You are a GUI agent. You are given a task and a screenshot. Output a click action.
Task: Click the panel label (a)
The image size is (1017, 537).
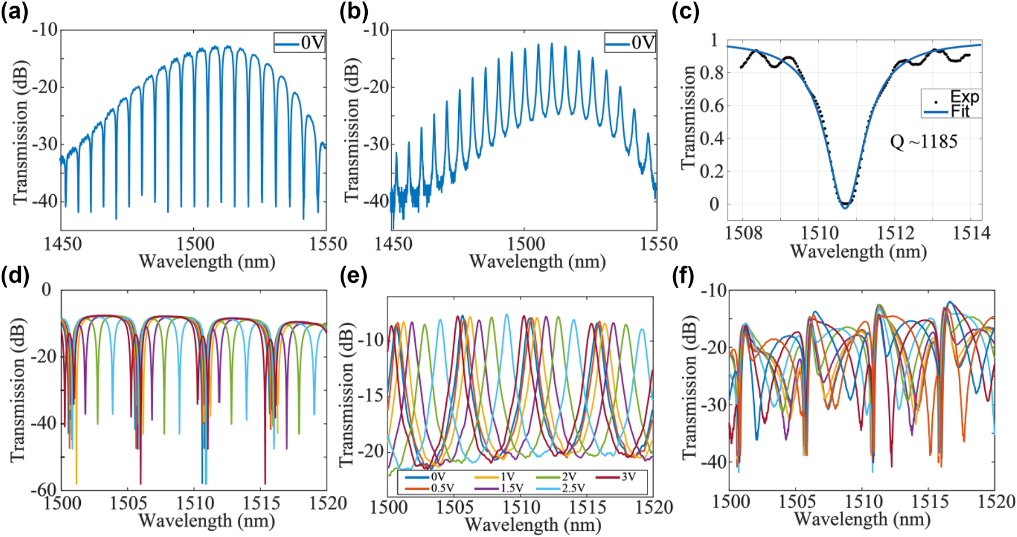click(14, 11)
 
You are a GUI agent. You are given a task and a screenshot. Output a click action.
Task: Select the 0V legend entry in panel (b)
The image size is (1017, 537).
click(630, 43)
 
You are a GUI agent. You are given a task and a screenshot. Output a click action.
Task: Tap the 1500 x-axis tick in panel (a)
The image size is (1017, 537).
click(195, 244)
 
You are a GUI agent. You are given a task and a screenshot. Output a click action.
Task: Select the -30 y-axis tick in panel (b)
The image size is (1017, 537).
click(376, 144)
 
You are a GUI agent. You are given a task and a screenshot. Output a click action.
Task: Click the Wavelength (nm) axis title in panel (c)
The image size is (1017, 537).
click(858, 251)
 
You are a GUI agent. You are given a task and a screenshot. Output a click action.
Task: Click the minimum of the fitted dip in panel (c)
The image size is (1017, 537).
click(845, 208)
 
